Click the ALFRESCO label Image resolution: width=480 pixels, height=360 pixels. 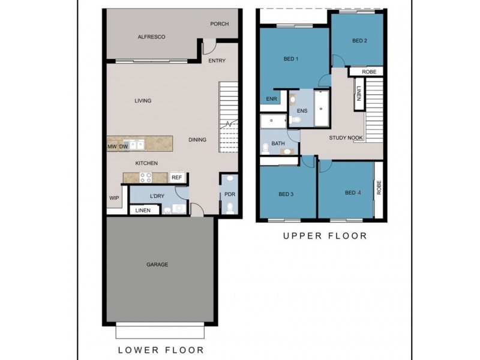151,37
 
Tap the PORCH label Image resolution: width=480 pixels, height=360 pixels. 219,24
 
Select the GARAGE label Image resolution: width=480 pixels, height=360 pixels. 157,265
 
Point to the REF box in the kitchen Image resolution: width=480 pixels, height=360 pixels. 176,178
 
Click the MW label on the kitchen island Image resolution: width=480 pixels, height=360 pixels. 112,146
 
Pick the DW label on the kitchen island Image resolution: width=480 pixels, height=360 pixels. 124,146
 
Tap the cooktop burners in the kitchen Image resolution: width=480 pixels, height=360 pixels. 145,178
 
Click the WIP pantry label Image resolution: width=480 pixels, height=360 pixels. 114,198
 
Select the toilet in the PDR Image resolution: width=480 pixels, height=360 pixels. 230,209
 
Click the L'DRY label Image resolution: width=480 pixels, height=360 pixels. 157,196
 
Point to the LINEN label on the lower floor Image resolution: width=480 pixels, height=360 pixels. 143,211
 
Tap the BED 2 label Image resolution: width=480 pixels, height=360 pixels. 359,41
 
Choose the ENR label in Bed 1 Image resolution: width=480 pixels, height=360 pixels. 271,99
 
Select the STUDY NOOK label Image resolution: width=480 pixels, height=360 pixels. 346,138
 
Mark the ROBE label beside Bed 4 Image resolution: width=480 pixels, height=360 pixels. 379,187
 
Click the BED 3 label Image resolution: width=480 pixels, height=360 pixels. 286,194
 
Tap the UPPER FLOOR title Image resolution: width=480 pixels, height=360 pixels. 325,236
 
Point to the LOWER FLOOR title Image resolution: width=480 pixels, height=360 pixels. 161,350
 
